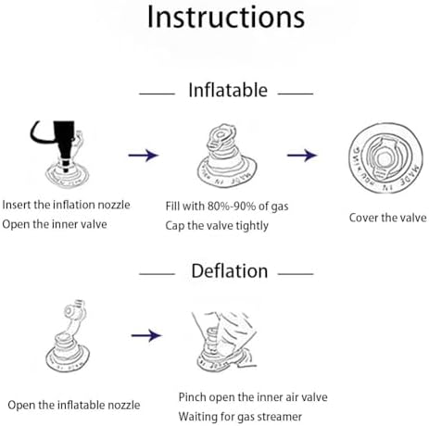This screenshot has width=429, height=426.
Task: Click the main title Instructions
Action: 226,18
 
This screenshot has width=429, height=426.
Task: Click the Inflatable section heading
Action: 228,90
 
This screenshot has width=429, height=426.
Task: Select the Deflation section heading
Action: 230,271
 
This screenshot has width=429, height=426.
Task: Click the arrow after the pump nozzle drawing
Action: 144,155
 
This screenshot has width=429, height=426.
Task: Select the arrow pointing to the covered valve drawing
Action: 302,155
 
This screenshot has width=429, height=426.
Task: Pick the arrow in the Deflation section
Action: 146,335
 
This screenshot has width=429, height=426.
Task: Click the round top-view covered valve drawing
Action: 385,158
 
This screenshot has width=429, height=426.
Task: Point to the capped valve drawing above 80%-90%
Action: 227,156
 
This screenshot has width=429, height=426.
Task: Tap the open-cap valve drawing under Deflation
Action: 68,336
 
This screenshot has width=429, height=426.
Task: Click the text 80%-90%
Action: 232,207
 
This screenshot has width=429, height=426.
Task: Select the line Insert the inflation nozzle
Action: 66,205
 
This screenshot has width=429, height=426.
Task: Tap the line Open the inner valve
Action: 55,224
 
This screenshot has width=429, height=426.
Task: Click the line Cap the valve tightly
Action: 217,226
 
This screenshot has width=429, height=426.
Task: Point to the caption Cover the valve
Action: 388,218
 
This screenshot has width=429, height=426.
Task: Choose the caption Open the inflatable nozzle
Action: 74,405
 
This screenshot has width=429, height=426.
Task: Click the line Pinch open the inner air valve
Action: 253,397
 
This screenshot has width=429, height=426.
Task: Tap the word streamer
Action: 280,417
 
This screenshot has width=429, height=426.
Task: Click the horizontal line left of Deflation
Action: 157,274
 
